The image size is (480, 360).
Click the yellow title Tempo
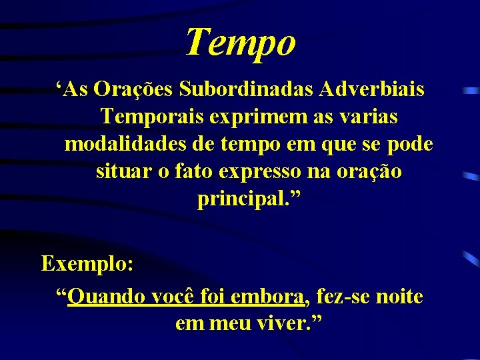[x=240, y=42]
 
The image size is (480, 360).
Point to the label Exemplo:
[x=87, y=263]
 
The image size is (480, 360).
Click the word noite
[x=400, y=296]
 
